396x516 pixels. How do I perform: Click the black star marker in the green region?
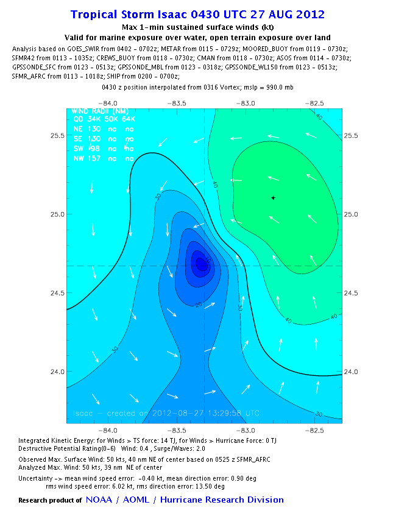[x=273, y=197]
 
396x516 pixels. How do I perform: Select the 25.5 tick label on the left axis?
[x=57, y=135]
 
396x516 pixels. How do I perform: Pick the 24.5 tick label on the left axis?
[x=57, y=293]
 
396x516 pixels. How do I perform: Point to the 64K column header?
[x=128, y=120]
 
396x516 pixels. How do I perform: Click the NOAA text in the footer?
[x=100, y=500]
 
